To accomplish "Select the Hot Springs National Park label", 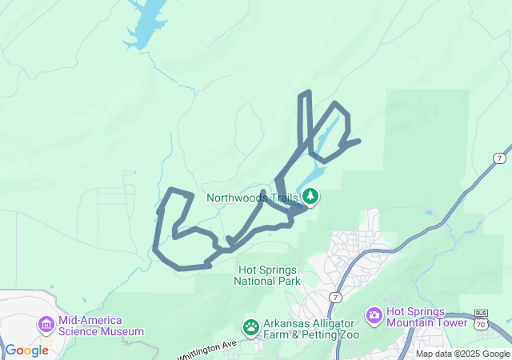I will pyautogui.click(x=267, y=275).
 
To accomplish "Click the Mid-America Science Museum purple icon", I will pyautogui.click(x=46, y=325).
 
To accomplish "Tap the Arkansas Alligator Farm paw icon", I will pyautogui.click(x=251, y=327).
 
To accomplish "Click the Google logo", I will pyautogui.click(x=26, y=350).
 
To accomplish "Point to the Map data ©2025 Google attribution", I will pyautogui.click(x=462, y=354).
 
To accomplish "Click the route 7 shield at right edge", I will pyautogui.click(x=499, y=158).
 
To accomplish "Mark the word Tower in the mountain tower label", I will pyautogui.click(x=451, y=322).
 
